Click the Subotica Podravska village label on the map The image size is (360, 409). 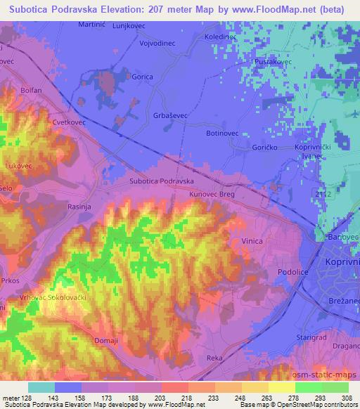tap(162, 181)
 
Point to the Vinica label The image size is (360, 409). tap(252, 241)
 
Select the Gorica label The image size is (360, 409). tap(143, 79)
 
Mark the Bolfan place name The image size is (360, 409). tap(32, 91)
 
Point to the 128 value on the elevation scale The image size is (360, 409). tap(26, 398)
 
